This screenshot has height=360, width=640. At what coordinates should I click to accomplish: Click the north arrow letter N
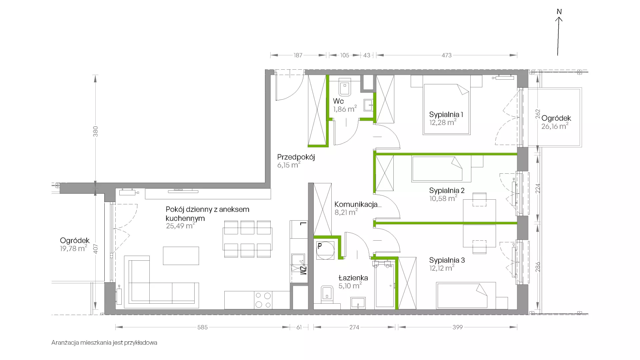(x=559, y=12)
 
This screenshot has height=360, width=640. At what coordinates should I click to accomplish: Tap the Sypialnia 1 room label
(x=446, y=115)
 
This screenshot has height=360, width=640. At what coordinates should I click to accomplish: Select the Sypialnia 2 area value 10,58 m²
(x=443, y=198)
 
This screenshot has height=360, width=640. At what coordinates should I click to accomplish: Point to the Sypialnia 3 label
(x=447, y=260)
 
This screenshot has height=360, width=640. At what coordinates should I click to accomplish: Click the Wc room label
(x=338, y=101)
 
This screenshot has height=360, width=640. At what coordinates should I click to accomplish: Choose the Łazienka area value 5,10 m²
(x=350, y=286)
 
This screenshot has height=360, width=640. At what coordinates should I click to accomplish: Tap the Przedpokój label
(x=296, y=157)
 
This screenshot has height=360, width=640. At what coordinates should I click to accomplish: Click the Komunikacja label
(x=356, y=204)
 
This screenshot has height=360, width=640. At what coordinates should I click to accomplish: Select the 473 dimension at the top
(x=447, y=55)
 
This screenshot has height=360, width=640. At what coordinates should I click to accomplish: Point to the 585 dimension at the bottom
(x=202, y=327)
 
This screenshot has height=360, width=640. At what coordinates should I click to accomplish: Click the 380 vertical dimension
(x=96, y=131)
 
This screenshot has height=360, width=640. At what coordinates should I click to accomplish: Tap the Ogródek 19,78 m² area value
(x=73, y=248)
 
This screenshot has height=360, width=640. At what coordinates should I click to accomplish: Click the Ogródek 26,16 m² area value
(x=555, y=126)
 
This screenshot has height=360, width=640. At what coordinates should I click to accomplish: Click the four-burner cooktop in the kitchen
(x=263, y=300)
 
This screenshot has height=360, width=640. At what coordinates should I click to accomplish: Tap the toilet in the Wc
(x=345, y=88)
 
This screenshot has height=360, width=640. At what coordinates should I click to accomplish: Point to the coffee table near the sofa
(x=181, y=256)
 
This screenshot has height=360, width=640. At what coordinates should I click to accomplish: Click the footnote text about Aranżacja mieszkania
(x=104, y=343)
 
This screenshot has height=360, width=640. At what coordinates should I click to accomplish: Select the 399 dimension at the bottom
(x=457, y=327)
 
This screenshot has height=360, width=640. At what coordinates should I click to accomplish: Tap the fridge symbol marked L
(x=299, y=229)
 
